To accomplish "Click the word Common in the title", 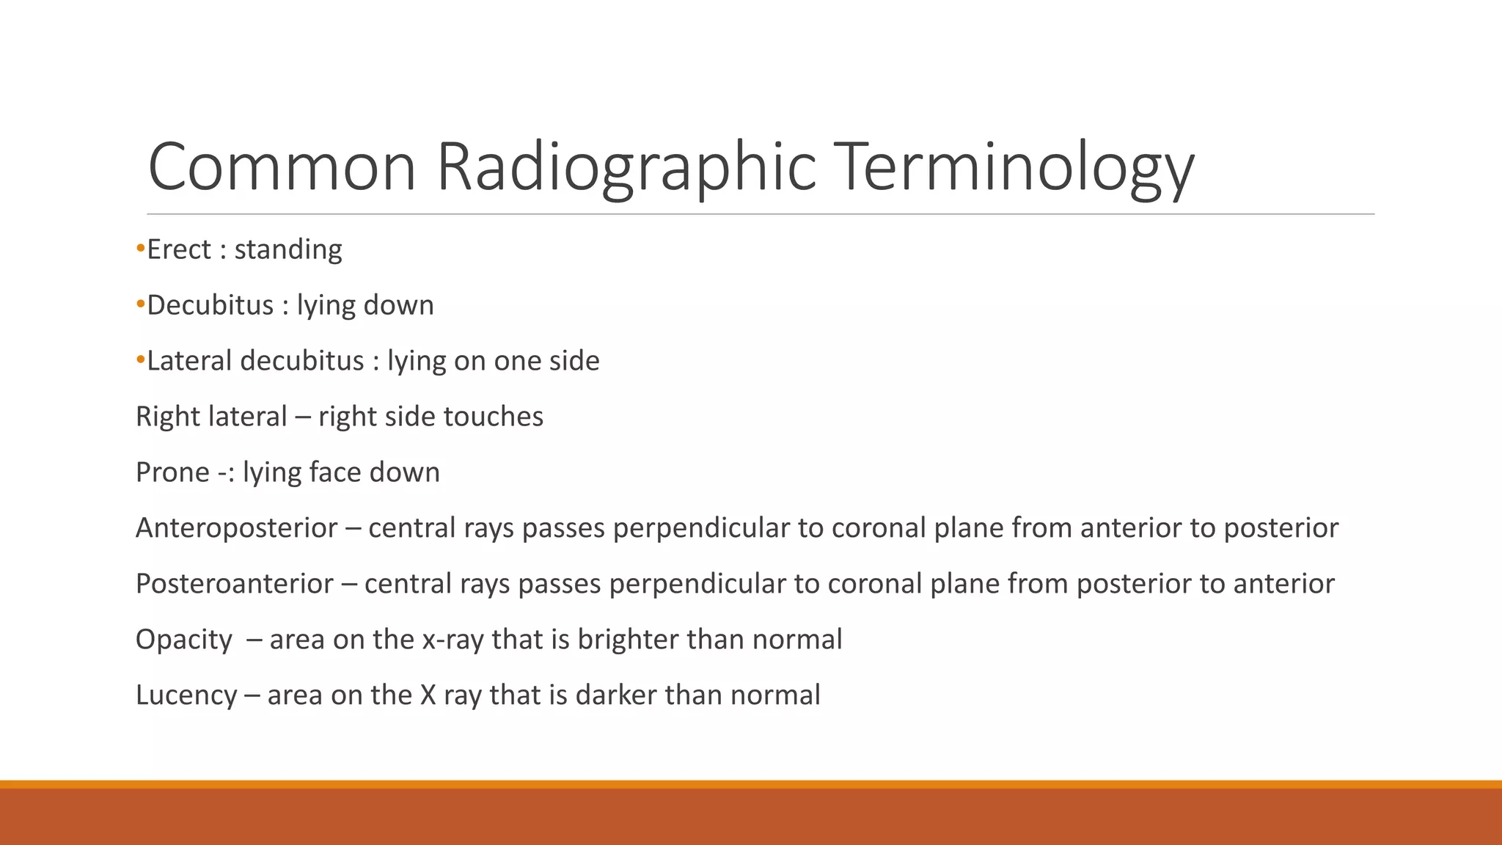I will click(x=282, y=167).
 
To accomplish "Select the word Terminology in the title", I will click(x=1015, y=167).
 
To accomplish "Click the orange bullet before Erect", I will click(x=140, y=249).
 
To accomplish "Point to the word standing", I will click(x=287, y=250).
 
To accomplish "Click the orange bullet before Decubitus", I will click(x=140, y=305).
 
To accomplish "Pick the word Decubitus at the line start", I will click(x=210, y=305).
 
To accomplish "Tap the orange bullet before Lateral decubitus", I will click(x=140, y=361).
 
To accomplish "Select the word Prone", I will click(x=172, y=472).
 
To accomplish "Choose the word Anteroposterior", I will click(x=236, y=528).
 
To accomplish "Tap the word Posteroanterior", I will click(x=234, y=584).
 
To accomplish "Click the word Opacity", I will click(x=183, y=640).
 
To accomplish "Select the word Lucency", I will click(x=186, y=695).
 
